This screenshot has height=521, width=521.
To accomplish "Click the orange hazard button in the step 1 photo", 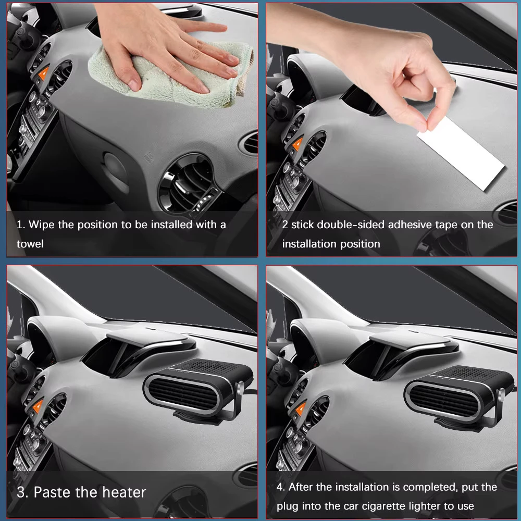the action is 44,73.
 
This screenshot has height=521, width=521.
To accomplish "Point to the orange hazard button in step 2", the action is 297,144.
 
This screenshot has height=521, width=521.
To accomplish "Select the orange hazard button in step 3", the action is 38,406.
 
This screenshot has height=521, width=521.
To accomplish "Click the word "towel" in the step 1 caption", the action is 30,244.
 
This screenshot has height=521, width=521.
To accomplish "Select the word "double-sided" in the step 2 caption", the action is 351,225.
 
